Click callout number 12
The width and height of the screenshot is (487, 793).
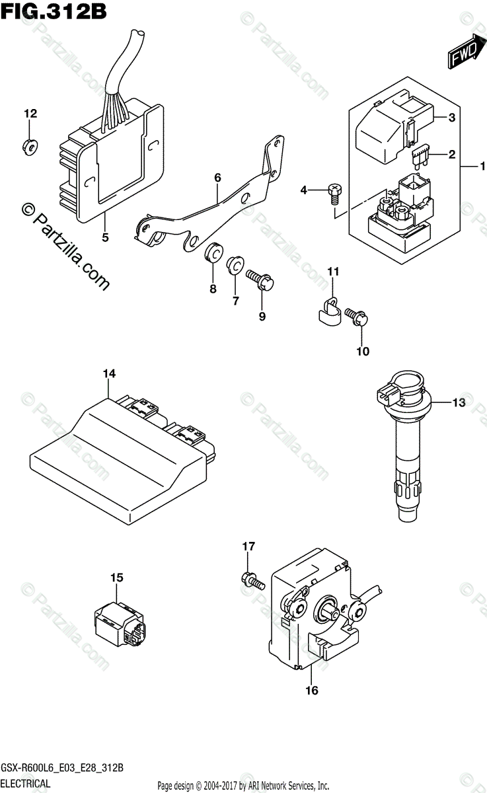(30, 114)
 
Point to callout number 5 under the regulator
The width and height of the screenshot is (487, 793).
(104, 237)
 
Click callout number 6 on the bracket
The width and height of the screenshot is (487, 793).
(217, 177)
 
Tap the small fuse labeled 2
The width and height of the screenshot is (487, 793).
(419, 157)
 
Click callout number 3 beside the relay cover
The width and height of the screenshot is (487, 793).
(451, 118)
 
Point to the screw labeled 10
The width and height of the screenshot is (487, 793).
(358, 318)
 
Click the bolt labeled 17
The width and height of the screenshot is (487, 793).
(252, 580)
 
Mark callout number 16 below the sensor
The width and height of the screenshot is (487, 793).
(311, 691)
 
